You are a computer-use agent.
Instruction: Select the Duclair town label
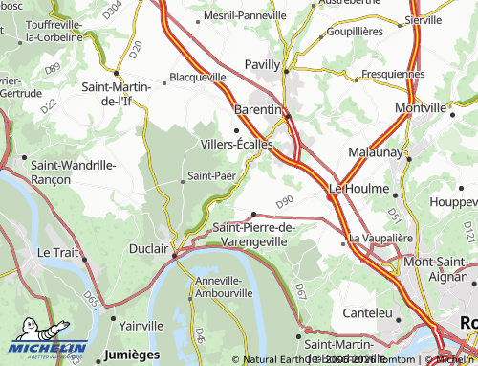point(148,247)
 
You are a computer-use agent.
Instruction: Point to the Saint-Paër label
point(211,175)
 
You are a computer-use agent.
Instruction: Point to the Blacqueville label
point(198,76)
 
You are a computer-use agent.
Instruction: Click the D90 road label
point(284,203)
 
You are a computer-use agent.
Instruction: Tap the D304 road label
point(113,11)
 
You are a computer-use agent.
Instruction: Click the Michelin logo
point(46,349)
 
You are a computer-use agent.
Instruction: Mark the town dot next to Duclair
point(174,255)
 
